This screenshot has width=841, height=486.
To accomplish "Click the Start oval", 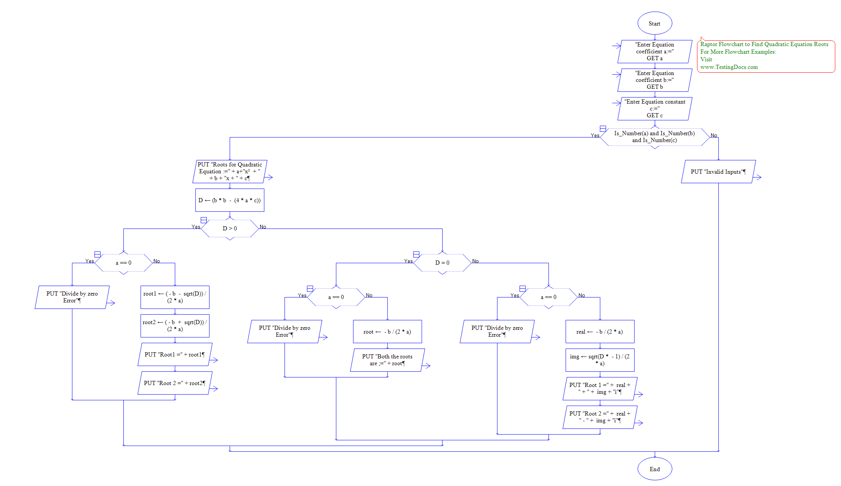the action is (x=655, y=23).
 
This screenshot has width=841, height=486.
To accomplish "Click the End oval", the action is (x=655, y=469).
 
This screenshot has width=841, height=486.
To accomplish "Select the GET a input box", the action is (x=655, y=51).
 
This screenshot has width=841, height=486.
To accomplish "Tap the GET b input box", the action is (x=655, y=80).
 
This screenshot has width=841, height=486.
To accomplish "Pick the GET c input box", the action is (x=655, y=109).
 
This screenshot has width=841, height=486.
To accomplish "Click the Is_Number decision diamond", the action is (x=655, y=137).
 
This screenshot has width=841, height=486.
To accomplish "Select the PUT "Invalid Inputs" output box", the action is (x=718, y=171).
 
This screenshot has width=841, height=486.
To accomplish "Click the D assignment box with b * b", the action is (x=230, y=200).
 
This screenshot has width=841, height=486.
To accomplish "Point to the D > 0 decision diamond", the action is (x=230, y=229).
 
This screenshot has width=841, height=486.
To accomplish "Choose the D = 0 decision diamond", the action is (x=442, y=263).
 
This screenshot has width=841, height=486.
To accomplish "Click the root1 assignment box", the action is (x=175, y=297).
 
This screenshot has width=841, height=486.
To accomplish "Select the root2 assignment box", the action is (x=175, y=326).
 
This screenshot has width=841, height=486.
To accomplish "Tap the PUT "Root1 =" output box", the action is (x=175, y=354).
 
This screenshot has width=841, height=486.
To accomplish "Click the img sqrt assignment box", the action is (x=600, y=360).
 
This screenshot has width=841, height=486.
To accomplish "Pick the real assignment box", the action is (x=600, y=331).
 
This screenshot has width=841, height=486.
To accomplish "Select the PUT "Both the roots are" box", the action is (x=387, y=360).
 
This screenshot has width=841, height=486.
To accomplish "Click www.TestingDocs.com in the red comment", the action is (x=729, y=67).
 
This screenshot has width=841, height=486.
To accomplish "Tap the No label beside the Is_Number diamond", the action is (x=714, y=135).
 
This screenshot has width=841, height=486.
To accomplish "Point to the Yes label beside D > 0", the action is (x=196, y=227).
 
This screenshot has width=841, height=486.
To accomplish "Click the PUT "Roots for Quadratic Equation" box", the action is (x=230, y=171).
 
